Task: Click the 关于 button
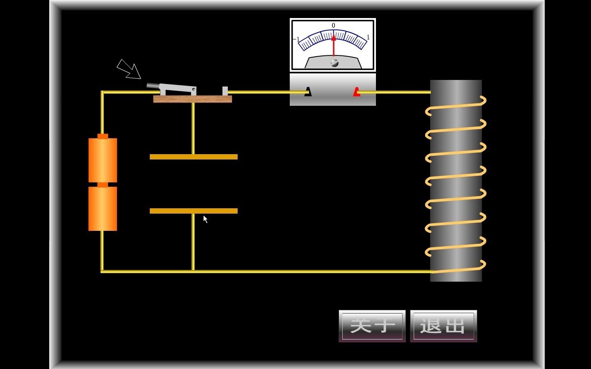[372, 326]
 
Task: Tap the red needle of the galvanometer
[334, 45]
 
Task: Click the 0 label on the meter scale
[333, 25]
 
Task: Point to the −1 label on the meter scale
[297, 40]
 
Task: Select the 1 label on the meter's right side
[368, 37]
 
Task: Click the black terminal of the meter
[308, 92]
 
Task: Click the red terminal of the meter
[357, 92]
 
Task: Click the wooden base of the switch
[192, 99]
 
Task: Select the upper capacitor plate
[194, 157]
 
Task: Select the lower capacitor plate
[194, 211]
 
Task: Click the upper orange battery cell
[103, 160]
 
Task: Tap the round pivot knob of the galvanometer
[334, 63]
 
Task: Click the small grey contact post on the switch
[225, 91]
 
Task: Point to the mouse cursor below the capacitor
[205, 219]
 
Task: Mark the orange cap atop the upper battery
[103, 136]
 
